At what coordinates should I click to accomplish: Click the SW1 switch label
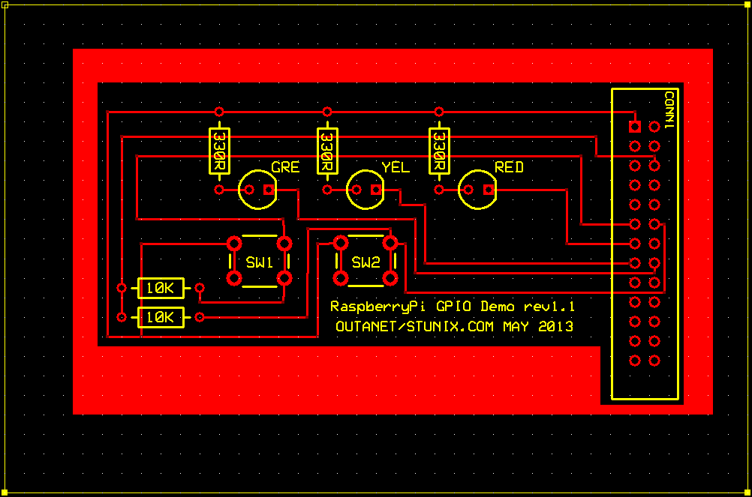click(260, 262)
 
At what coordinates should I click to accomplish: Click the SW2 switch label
click(366, 262)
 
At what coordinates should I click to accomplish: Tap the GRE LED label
click(285, 167)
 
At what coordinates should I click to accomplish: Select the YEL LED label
click(396, 167)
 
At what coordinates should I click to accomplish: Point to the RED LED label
click(509, 167)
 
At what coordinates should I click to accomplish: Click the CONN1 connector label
click(669, 109)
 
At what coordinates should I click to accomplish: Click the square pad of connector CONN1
click(635, 127)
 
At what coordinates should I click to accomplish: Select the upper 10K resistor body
click(161, 289)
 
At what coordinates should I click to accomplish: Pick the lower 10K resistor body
click(161, 317)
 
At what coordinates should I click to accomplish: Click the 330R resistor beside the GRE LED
click(219, 151)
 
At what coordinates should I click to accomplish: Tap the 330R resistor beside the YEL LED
click(327, 151)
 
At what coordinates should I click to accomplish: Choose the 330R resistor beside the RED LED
click(439, 151)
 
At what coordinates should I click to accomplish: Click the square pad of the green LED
click(269, 190)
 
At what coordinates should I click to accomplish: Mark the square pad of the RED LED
click(489, 190)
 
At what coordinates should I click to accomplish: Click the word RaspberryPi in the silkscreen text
click(378, 307)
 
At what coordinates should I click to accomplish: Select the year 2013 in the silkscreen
click(556, 327)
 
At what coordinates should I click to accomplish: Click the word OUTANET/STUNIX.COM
click(414, 327)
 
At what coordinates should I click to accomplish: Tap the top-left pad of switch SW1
click(234, 244)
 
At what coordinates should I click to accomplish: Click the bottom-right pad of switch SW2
click(390, 278)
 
